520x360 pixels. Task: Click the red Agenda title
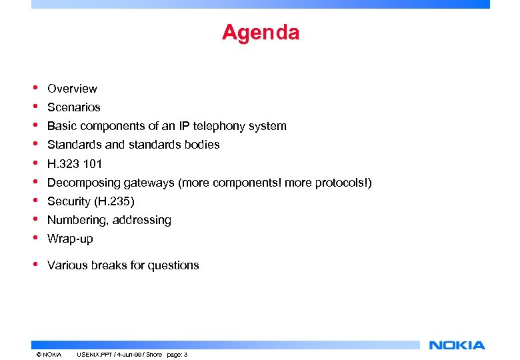[261, 32]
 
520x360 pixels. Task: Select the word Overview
[72, 89]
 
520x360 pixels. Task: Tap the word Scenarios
[74, 107]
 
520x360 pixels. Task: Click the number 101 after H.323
[93, 164]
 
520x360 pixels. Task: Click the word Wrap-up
[70, 239]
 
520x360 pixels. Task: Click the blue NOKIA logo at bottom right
[457, 345]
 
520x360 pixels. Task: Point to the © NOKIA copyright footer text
[48, 354]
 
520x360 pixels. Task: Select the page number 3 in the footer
[185, 354]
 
